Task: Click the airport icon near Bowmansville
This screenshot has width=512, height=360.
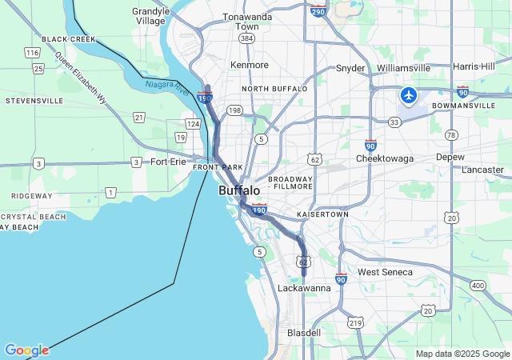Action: (409, 96)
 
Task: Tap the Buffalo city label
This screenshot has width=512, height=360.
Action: (239, 190)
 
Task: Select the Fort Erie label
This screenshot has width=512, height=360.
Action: (168, 162)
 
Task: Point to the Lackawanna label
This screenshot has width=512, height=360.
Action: (303, 288)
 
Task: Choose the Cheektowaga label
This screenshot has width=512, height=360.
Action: (385, 158)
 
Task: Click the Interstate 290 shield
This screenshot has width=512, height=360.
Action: (318, 11)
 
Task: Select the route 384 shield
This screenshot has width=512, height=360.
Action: (246, 38)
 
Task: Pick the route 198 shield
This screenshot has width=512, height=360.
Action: (234, 110)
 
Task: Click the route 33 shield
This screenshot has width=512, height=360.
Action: (394, 122)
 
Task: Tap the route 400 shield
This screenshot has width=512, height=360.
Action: (478, 286)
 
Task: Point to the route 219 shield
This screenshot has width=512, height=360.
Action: (355, 323)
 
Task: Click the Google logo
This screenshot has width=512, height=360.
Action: (26, 350)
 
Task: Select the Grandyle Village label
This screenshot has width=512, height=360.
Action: (151, 16)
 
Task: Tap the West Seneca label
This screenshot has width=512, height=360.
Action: (386, 273)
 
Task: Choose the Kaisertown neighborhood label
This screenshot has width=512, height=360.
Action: (322, 215)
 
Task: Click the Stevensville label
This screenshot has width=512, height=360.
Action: (34, 101)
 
